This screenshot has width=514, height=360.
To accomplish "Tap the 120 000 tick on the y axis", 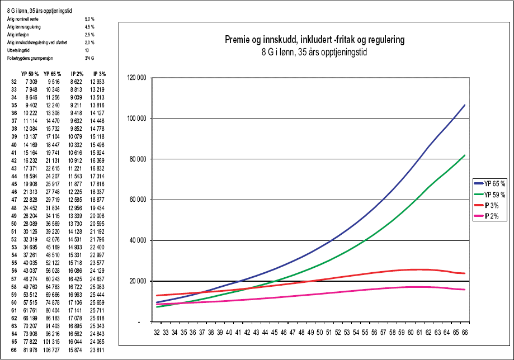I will [x=137, y=78].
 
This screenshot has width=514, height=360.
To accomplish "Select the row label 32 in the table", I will [x=14, y=82].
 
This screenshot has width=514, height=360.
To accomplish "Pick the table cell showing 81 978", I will [x=31, y=350].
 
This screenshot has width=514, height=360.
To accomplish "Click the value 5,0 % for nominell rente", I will [x=89, y=19].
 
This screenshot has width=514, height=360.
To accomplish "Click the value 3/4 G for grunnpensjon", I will [x=88, y=58].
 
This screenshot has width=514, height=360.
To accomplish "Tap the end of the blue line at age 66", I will [x=465, y=105].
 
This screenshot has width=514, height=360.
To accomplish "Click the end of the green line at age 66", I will [x=465, y=155].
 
